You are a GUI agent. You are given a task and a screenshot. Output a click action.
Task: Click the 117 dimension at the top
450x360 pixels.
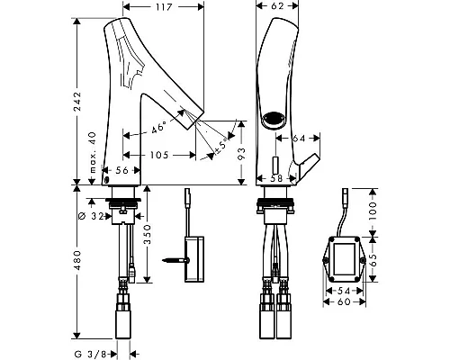coord(164,6)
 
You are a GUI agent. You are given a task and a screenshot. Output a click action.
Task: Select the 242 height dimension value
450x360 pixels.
coord(77,102)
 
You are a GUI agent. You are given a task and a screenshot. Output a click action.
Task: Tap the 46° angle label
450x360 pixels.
coord(158,128)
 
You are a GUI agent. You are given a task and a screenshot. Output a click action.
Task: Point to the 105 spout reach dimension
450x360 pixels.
coord(159,155)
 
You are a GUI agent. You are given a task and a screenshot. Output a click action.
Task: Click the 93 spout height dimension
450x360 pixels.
coord(241,153)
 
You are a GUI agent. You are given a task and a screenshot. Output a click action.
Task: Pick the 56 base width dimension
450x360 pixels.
coord(121,170)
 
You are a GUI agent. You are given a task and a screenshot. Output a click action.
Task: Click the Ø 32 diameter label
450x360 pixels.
coord(91,216)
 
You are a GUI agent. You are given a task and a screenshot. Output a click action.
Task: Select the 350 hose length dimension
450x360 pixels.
coord(148,235)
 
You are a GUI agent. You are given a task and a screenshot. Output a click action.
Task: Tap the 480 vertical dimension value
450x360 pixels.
coord(77,260)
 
